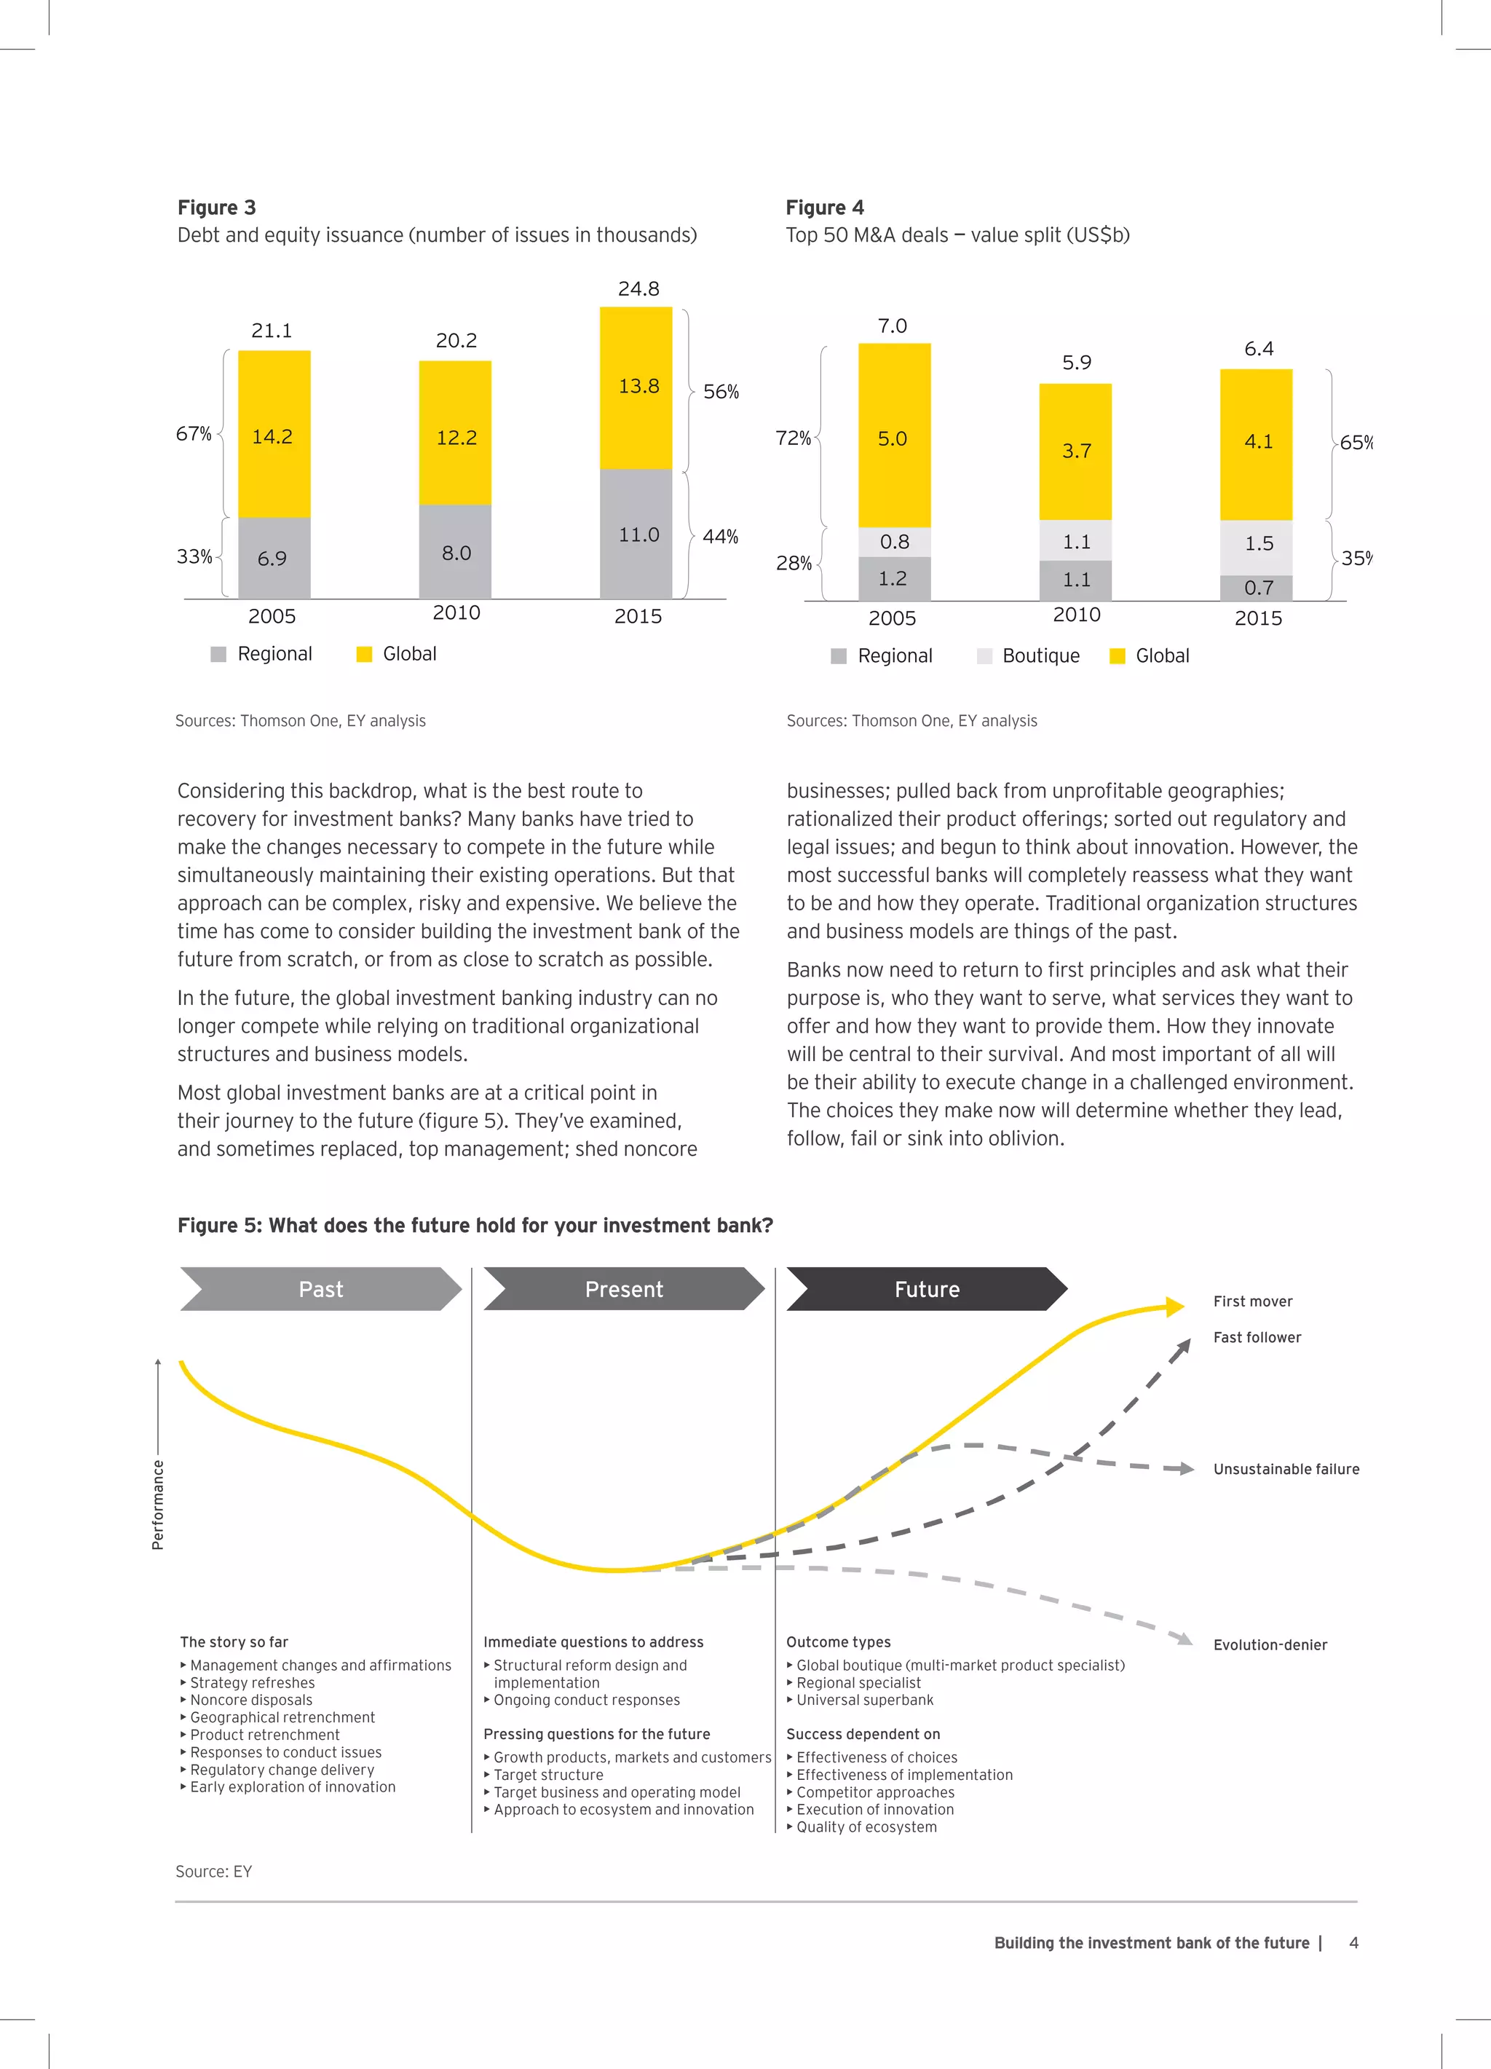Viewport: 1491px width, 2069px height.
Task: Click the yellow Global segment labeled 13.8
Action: click(636, 387)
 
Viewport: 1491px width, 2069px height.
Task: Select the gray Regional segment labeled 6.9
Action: click(274, 557)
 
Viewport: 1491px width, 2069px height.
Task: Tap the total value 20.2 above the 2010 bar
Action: click(456, 340)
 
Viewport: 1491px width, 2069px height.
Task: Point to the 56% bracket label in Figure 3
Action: click(721, 391)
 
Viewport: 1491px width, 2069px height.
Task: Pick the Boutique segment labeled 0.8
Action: click(894, 542)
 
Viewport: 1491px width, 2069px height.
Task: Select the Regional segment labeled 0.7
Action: click(1257, 588)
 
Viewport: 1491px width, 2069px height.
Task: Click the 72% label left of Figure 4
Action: click(793, 439)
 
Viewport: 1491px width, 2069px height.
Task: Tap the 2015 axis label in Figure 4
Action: click(1257, 618)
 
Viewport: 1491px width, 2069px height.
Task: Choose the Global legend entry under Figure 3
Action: click(397, 654)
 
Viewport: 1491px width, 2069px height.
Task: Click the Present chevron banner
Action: click(624, 1289)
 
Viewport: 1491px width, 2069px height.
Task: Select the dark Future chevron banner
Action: click(927, 1289)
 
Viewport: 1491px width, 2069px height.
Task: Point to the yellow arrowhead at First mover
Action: click(1174, 1307)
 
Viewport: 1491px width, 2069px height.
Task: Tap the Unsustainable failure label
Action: click(1286, 1469)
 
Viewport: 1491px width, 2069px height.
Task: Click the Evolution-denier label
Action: click(1270, 1645)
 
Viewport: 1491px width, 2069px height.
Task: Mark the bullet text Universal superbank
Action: click(864, 1700)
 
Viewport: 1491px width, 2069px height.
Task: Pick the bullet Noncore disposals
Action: click(250, 1700)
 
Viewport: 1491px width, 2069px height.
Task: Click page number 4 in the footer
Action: click(1353, 1942)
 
